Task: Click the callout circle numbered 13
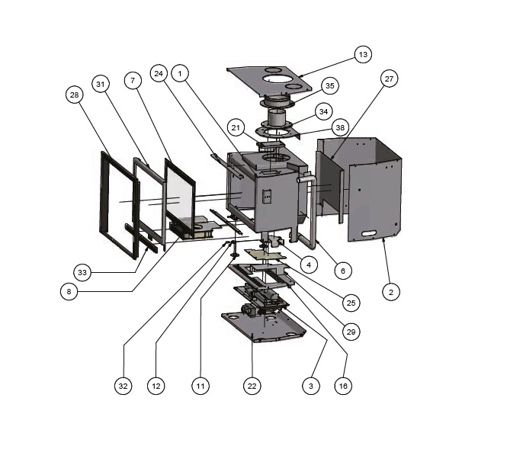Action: pos(362,54)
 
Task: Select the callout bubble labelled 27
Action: pos(389,79)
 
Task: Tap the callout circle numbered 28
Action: pos(74,95)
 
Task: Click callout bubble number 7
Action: pos(132,80)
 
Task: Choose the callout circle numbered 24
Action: pos(159,74)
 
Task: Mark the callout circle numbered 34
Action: pos(323,111)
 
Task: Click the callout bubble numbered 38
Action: pos(339,127)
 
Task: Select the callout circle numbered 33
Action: pos(83,271)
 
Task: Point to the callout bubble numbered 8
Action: pos(69,290)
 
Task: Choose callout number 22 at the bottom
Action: pos(252,386)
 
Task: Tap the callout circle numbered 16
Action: pos(343,386)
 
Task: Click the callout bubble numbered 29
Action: pos(351,332)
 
